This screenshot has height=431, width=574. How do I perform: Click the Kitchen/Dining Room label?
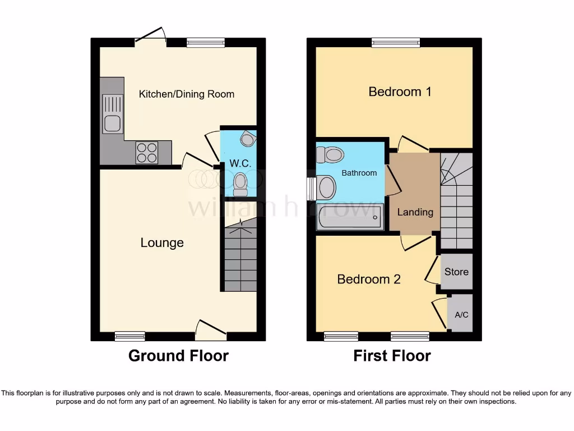click(187, 94)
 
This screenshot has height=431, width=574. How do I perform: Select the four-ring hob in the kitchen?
click(147, 152)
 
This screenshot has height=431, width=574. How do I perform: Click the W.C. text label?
click(239, 164)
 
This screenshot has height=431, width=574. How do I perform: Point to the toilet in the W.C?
click(240, 184)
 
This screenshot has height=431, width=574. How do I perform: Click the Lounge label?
click(162, 242)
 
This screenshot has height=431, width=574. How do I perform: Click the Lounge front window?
click(130, 336)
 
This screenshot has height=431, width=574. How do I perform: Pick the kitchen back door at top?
click(150, 35)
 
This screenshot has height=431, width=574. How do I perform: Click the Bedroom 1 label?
click(400, 91)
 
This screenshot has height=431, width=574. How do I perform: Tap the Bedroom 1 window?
click(396, 42)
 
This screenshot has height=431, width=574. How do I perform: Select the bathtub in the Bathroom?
click(349, 217)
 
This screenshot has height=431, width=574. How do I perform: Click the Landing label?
click(415, 212)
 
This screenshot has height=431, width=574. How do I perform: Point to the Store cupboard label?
click(456, 272)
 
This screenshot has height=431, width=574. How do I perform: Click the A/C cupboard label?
click(461, 314)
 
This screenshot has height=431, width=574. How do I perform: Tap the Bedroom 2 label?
click(369, 279)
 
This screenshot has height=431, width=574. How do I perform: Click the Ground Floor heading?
click(178, 355)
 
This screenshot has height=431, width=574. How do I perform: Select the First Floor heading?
click(392, 355)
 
